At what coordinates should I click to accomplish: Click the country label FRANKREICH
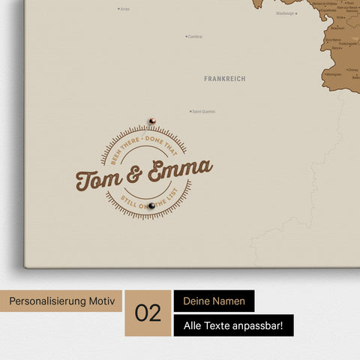point(224,78)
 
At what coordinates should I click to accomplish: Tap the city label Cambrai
point(195,36)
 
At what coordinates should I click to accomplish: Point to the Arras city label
point(124,9)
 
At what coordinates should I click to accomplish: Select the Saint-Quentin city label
point(203,112)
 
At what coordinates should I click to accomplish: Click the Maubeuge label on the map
point(285,13)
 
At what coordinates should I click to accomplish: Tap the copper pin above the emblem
point(151,119)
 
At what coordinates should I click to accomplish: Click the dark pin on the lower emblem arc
point(151,205)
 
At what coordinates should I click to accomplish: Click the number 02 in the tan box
point(148,313)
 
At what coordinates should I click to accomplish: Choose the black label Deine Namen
point(214,301)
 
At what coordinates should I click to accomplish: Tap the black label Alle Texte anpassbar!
point(233,325)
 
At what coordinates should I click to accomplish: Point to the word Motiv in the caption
point(104,301)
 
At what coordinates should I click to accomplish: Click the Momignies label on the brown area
point(334,74)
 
